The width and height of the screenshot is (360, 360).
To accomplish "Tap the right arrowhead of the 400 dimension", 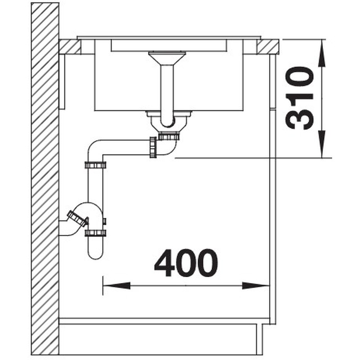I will (x=256, y=285).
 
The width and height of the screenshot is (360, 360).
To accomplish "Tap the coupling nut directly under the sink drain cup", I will (x=169, y=135).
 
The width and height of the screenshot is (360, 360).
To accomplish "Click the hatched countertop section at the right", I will (x=268, y=46).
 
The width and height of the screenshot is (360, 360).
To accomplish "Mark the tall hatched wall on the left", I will (x=45, y=180).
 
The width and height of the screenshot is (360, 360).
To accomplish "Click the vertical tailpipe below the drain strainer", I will (x=167, y=90).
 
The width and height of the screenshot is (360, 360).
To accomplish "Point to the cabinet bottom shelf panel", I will (x=164, y=321).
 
